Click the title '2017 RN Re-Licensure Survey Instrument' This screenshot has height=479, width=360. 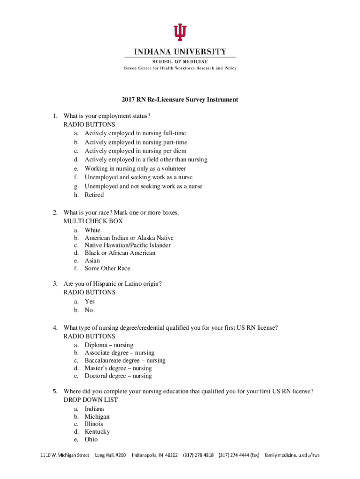pos(180,100)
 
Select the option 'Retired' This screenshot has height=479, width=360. pos(94,195)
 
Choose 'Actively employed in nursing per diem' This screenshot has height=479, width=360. pos(135,151)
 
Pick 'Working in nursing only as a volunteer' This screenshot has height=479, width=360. pos(135,168)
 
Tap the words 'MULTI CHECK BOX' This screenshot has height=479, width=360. pos(93,221)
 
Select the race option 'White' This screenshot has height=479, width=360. pos(92,230)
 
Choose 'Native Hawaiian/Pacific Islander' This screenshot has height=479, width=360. pos(128,246)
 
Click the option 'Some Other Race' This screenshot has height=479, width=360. pos(108,269)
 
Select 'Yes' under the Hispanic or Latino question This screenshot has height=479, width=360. pos(89,302)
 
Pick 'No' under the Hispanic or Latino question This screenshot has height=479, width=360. pos(89,310)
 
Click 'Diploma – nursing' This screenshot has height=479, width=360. pos(109,345)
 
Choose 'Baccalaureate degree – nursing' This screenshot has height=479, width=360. pos(125,361)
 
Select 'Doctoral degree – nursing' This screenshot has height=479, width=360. pos(118,376)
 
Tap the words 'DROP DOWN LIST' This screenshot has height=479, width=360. pos(91,400)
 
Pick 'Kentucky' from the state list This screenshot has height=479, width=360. pos(97,432)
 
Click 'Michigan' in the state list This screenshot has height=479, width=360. pos(97,416)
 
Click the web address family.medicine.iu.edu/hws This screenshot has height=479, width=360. pos(292,455)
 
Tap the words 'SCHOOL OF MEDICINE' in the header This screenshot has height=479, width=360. pos(180,61)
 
